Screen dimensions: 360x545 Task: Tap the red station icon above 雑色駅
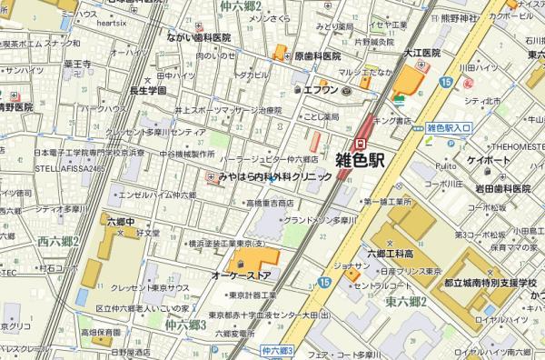click(x=360, y=142)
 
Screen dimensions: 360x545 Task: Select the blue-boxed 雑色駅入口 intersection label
click(x=449, y=128)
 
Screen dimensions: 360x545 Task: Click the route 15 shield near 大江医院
click(x=445, y=83)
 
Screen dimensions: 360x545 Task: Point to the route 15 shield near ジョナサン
click(x=324, y=282)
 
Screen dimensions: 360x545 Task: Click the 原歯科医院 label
click(x=323, y=55)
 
